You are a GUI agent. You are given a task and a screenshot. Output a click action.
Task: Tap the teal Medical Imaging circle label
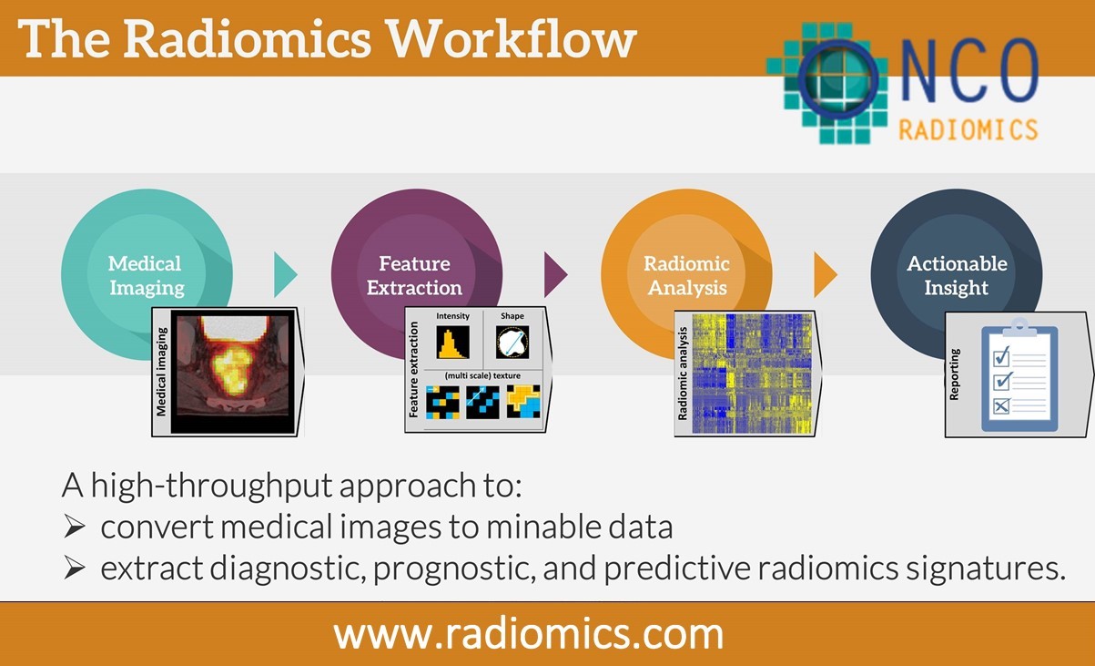(146, 275)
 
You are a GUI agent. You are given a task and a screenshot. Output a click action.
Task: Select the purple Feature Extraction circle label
(415, 275)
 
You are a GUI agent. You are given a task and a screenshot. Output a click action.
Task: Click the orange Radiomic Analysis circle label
(686, 275)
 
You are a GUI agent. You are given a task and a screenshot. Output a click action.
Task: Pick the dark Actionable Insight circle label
(957, 275)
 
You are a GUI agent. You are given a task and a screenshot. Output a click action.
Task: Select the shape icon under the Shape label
(512, 343)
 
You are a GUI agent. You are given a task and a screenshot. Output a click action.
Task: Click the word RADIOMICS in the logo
(968, 129)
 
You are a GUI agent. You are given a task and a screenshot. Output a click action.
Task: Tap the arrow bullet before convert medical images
(75, 527)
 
